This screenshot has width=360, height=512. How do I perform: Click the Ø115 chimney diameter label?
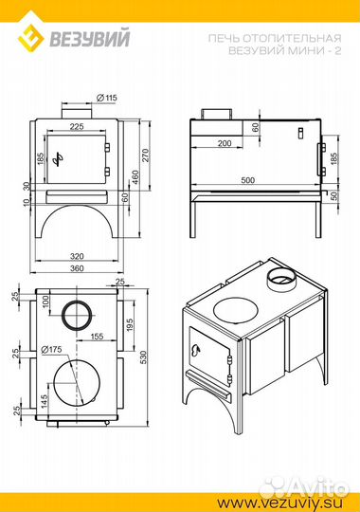click(x=107, y=98)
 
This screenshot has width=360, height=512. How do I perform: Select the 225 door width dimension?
click(x=77, y=126)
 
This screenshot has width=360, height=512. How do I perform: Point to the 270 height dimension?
click(x=145, y=155)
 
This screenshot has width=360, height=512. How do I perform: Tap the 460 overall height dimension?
click(x=135, y=176)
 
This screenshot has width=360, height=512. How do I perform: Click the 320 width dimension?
click(x=77, y=256)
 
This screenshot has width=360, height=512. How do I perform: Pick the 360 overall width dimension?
click(x=77, y=268)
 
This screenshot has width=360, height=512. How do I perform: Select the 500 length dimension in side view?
click(x=247, y=180)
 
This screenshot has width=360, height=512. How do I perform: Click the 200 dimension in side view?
click(x=225, y=143)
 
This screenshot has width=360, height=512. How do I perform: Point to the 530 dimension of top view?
click(x=143, y=357)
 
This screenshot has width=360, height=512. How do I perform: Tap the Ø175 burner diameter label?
click(x=51, y=349)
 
